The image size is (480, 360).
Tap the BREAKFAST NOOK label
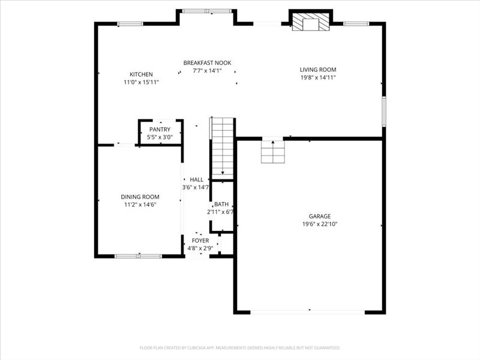click(x=207, y=63)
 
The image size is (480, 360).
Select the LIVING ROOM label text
click(x=317, y=70)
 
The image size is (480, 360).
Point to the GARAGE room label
click(x=319, y=217)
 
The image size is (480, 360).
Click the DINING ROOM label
click(x=140, y=197)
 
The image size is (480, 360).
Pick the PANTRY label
click(x=160, y=130)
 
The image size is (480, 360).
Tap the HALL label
click(x=196, y=179)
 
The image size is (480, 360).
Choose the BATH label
click(x=221, y=204)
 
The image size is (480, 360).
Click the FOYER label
click(x=200, y=241)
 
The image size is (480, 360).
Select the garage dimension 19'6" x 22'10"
click(x=319, y=224)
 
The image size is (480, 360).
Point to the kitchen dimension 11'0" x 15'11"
click(x=141, y=82)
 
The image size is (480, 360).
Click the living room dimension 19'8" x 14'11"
click(x=317, y=77)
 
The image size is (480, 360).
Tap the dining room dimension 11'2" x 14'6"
click(x=140, y=205)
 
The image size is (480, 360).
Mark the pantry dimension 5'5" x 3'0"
click(x=160, y=137)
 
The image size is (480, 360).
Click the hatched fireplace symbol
click(x=311, y=23)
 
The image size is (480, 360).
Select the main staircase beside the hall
click(x=222, y=147)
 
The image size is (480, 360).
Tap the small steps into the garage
click(x=272, y=151)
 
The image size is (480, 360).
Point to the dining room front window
click(x=138, y=256)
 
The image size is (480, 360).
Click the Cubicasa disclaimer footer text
click(x=240, y=347)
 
